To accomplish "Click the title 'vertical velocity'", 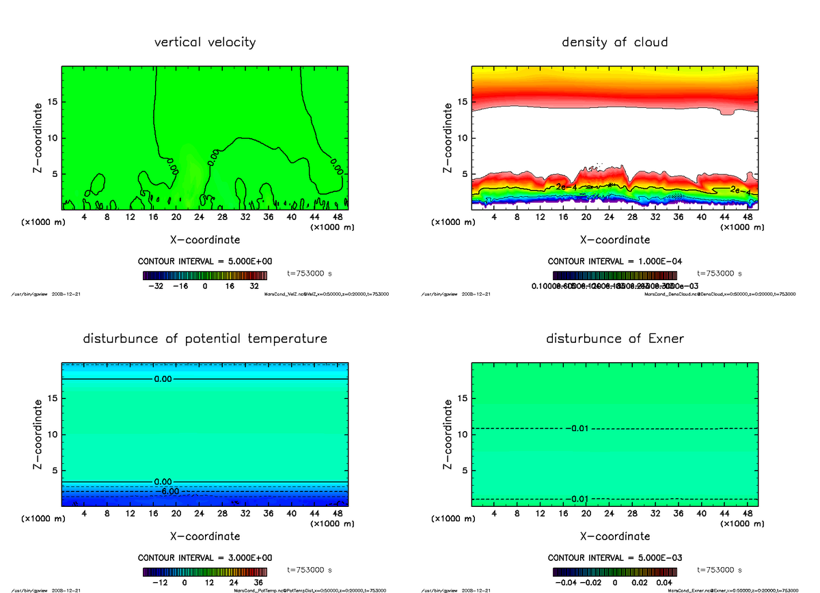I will [205, 42].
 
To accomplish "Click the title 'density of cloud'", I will [614, 42].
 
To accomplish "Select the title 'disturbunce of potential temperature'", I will [205, 339].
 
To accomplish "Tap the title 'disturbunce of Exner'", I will [614, 339].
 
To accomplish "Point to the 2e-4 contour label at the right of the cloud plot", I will [739, 191].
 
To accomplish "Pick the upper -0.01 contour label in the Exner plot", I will [577, 428].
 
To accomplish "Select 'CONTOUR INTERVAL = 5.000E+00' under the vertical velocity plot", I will [205, 262].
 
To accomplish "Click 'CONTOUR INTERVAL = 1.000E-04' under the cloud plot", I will [615, 262].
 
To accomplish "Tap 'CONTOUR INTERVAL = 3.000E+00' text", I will [205, 558].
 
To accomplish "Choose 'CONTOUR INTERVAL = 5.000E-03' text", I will [615, 558].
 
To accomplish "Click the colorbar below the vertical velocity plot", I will [205, 275].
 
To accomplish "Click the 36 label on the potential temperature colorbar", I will [258, 583].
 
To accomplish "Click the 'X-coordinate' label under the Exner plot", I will [615, 536].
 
